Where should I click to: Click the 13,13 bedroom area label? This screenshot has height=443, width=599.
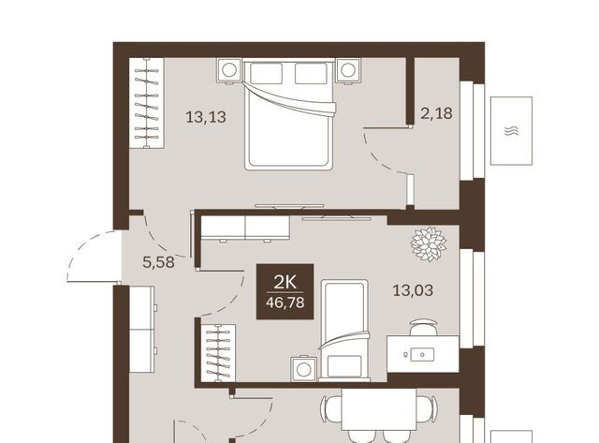pos(206,116)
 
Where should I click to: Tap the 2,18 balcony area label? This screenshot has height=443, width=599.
pos(437,113)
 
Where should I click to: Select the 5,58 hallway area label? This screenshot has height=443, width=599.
pos(158,262)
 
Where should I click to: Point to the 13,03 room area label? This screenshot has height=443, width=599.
pos(413,290)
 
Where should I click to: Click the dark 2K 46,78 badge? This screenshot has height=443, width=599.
pos(285,291)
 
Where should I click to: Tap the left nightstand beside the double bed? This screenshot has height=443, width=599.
pos(229,70)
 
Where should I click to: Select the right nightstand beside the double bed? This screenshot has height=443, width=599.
pos(347,70)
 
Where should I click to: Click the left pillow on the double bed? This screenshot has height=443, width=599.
pos(266,73)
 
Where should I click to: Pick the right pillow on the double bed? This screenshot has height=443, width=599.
pos(311,73)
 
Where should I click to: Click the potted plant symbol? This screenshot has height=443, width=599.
pos(429,244)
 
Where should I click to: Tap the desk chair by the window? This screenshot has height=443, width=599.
pos(423,328)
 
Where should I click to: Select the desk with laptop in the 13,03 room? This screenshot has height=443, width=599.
pos(423,354)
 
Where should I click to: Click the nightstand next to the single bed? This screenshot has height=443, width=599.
pos(304,369)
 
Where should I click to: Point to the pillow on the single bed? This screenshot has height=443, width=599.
pos(344,366)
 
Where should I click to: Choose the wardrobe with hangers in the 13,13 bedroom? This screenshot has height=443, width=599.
pos(147,103)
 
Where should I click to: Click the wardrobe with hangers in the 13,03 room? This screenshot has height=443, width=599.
pos(218,353)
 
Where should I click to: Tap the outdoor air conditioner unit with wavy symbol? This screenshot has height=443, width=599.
pos(512,131)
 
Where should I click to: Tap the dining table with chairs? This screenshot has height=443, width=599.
pos(378,409)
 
